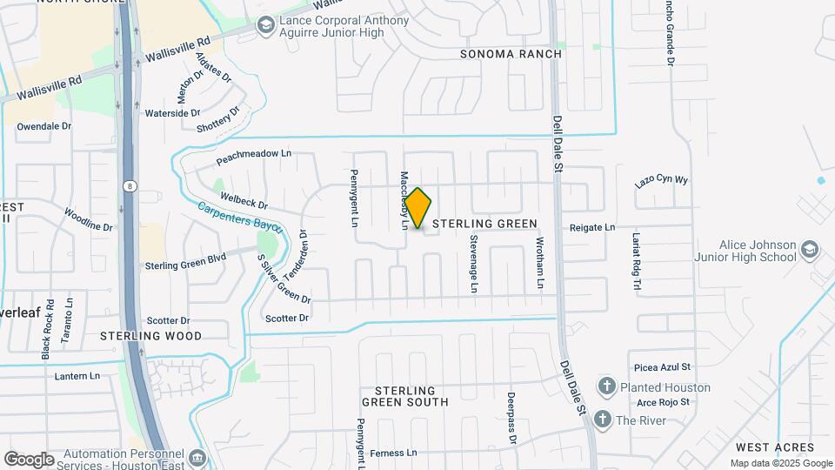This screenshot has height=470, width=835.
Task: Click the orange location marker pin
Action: pyautogui.click(x=417, y=208)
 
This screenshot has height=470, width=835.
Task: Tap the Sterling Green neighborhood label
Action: pyautogui.click(x=484, y=224)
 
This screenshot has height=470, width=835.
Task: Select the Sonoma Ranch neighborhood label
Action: pyautogui.click(x=511, y=54)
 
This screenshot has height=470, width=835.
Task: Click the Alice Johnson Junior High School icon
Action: pyautogui.click(x=811, y=251)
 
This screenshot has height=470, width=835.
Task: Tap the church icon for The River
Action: pyautogui.click(x=601, y=420)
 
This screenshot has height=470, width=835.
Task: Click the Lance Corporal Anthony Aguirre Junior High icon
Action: pyautogui.click(x=264, y=26)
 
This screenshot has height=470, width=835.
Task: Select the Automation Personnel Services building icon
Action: pyautogui.click(x=197, y=457)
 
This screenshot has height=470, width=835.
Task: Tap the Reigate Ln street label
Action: pyautogui.click(x=592, y=227)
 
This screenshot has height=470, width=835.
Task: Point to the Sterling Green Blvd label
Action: pyautogui.click(x=185, y=265)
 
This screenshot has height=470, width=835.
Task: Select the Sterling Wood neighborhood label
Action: pyautogui.click(x=150, y=335)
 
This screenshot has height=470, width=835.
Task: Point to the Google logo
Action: pyautogui.click(x=29, y=459)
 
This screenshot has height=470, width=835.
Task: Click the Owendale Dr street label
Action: pyautogui.click(x=43, y=126)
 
